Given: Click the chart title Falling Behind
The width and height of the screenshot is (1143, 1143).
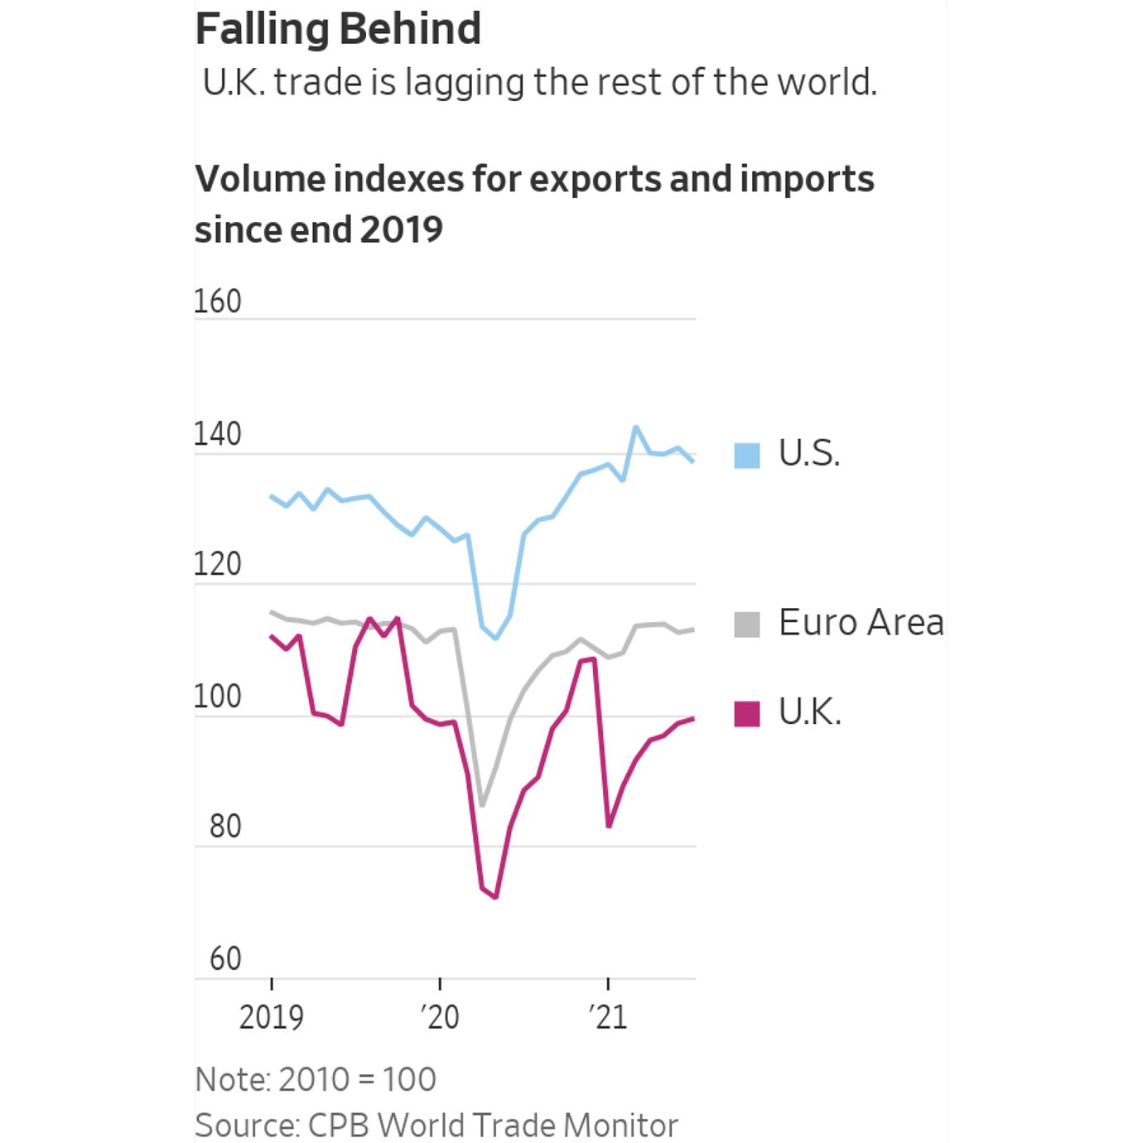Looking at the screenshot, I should click(x=338, y=29).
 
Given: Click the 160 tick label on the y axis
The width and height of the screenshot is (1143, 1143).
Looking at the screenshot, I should click(x=218, y=301).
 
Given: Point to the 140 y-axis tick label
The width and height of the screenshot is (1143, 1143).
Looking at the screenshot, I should click(x=218, y=434).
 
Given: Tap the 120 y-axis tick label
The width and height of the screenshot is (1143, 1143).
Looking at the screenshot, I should click(x=218, y=564).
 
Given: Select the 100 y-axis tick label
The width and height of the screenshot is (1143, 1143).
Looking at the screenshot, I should click(x=218, y=697).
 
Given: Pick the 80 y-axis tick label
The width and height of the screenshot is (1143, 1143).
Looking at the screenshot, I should click(x=224, y=827).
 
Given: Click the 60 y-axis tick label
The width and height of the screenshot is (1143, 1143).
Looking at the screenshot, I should click(x=224, y=959).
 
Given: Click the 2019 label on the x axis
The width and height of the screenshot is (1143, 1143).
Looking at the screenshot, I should click(x=272, y=1017).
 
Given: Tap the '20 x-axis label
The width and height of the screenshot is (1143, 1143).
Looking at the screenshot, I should click(x=440, y=1017).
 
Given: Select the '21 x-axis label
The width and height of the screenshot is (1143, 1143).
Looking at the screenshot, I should click(x=609, y=1017).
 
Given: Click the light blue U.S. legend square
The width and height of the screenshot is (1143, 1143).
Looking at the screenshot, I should click(x=747, y=456).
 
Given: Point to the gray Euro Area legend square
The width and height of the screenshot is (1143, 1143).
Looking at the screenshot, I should click(x=747, y=625).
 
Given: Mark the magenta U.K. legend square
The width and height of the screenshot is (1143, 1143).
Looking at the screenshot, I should click(x=747, y=713).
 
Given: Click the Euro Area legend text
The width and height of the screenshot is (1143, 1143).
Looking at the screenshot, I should click(x=861, y=623).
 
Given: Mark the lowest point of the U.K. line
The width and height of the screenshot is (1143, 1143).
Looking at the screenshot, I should click(x=496, y=897).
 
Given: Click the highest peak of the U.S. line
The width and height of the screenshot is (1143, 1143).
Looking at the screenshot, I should click(x=636, y=427).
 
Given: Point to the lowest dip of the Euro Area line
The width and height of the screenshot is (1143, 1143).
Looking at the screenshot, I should click(x=482, y=805).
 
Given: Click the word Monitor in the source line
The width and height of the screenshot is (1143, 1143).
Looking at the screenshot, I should click(x=620, y=1126).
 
